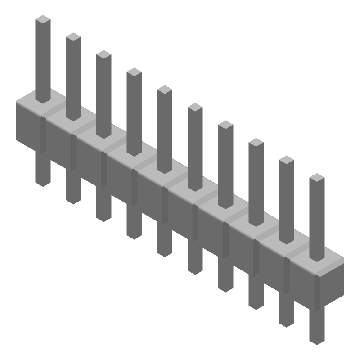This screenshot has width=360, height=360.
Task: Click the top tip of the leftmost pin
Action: click(43, 19)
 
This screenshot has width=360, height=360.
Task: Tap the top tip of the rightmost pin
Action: click(317, 177)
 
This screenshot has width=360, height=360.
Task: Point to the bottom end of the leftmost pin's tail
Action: click(43, 182)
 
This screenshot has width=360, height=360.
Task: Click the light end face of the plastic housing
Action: click(331, 283)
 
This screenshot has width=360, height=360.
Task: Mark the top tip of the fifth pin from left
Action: click(165, 89)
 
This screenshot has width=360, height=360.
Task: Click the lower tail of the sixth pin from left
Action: click(195, 261)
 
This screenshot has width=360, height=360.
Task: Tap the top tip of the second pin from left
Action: click(73, 36)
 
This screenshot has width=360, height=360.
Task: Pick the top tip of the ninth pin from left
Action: click(287, 160)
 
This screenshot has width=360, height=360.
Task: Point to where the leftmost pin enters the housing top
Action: click(43, 100)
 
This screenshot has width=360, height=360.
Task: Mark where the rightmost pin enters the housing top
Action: click(317, 258)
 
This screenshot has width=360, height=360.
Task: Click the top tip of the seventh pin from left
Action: click(225, 124)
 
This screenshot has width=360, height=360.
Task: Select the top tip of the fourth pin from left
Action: click(134, 72)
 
